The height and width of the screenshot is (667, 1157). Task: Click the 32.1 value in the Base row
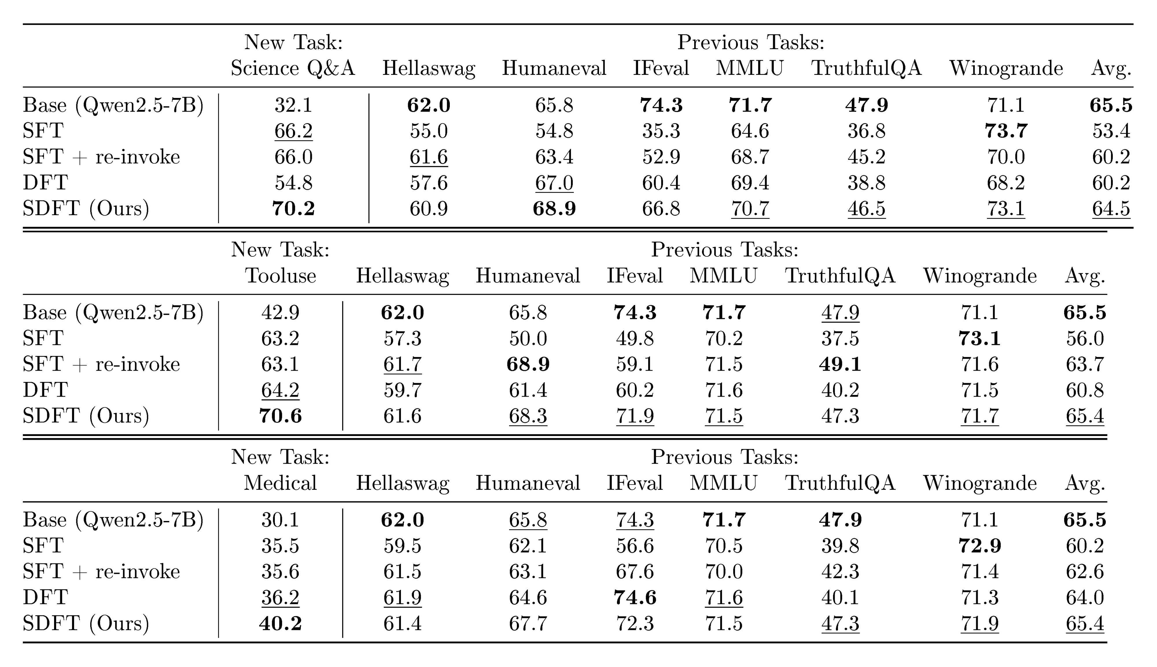click(293, 105)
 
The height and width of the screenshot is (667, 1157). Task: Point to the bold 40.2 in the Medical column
click(281, 623)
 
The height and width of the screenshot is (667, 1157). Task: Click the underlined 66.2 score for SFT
click(293, 131)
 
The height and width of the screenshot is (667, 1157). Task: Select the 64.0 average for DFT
click(1085, 597)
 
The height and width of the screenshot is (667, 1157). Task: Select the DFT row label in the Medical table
click(45, 597)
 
